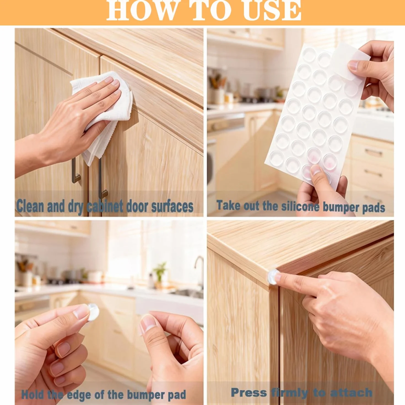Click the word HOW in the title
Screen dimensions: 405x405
point(142,10)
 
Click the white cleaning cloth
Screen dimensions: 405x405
point(103,114)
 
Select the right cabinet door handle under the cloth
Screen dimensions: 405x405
point(102,179)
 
